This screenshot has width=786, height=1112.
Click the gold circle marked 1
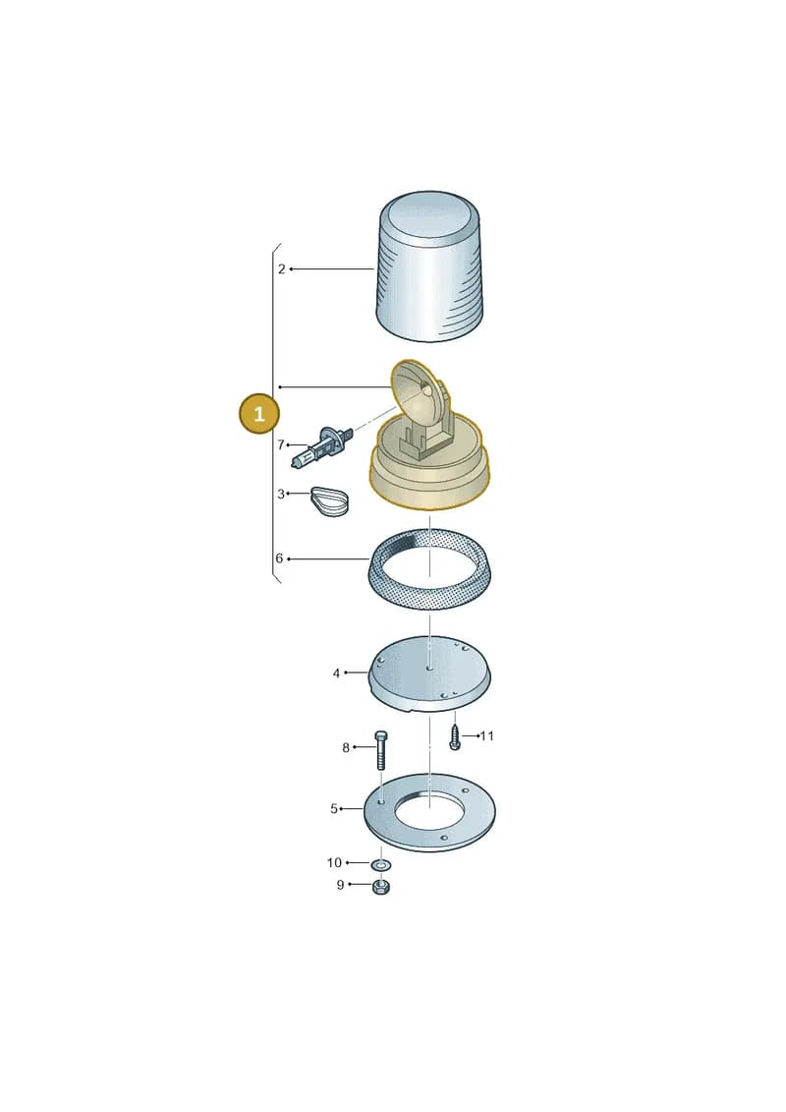tap(258, 413)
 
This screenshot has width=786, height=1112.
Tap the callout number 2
tap(281, 269)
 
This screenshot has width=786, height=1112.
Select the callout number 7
tap(281, 444)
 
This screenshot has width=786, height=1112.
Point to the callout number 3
tap(281, 494)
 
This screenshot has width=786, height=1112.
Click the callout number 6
tap(279, 558)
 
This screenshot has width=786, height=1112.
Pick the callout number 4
tap(337, 673)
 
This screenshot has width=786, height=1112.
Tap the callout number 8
tap(346, 747)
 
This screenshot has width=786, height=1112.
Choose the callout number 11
tap(487, 736)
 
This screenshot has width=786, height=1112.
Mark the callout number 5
tap(334, 808)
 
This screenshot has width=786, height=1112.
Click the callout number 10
tap(334, 863)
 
